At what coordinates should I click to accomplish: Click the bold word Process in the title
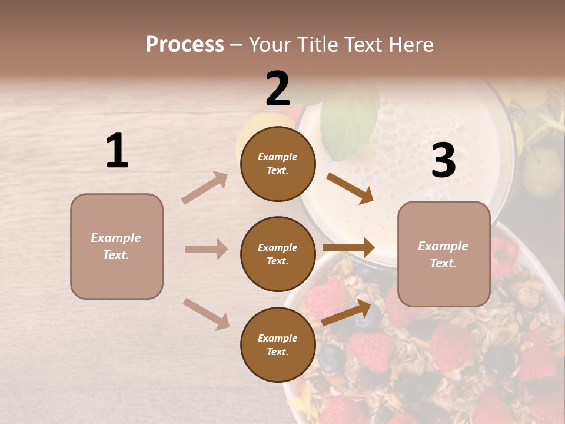click(185, 45)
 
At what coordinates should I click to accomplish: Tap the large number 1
click(117, 151)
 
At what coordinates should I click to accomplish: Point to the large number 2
click(278, 89)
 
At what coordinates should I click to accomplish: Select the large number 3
click(443, 160)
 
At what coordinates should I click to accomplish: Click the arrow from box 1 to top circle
click(204, 188)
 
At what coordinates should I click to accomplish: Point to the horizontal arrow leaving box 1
click(206, 249)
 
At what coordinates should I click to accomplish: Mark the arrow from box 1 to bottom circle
click(206, 313)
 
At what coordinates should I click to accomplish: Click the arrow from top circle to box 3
click(350, 188)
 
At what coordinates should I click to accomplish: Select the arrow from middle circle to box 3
click(348, 248)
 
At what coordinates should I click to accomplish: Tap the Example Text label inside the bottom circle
click(278, 345)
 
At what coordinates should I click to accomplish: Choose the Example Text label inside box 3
click(444, 254)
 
